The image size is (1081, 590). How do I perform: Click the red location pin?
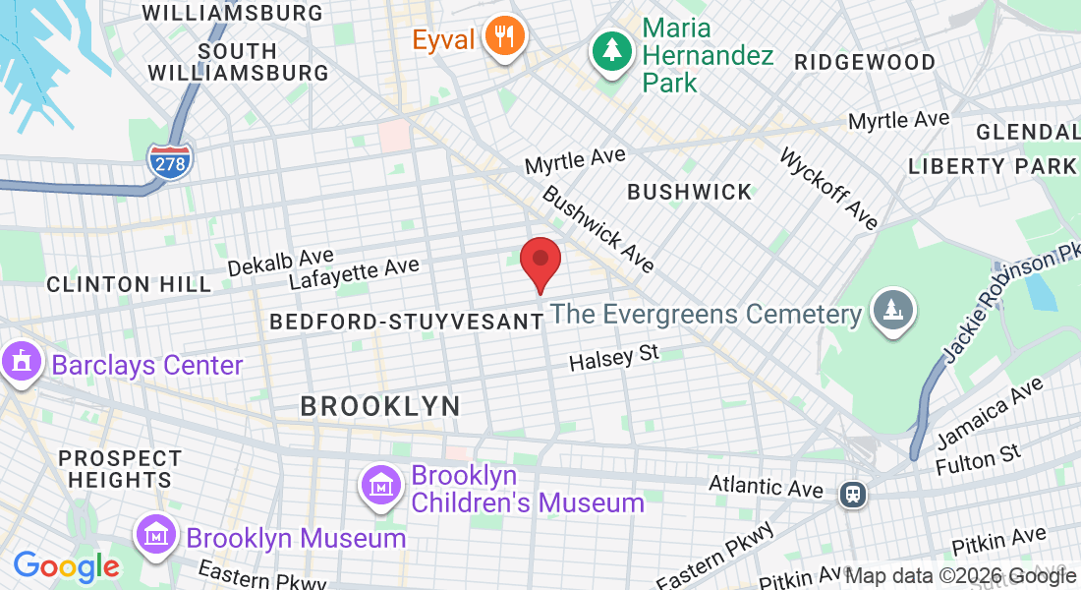pos(540,260)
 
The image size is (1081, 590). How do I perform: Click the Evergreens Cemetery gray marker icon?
pos(892,312)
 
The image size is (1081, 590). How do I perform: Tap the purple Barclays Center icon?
pos(20,363)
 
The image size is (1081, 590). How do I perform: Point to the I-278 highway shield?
pos(171,162)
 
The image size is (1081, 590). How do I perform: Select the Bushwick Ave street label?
pos(597,229)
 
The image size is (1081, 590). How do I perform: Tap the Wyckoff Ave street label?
pos(829,189)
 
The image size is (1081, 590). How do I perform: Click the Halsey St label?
pos(614,357)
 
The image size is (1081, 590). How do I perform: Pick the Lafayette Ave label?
pos(354,272)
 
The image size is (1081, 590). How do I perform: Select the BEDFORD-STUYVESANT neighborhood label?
pos(406,322)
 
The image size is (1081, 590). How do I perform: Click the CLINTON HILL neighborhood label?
pos(129,285)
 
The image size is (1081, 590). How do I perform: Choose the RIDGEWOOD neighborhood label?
pos(865,62)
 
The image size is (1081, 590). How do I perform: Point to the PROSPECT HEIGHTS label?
pos(120,469)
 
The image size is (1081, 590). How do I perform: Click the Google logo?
pos(66,567)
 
